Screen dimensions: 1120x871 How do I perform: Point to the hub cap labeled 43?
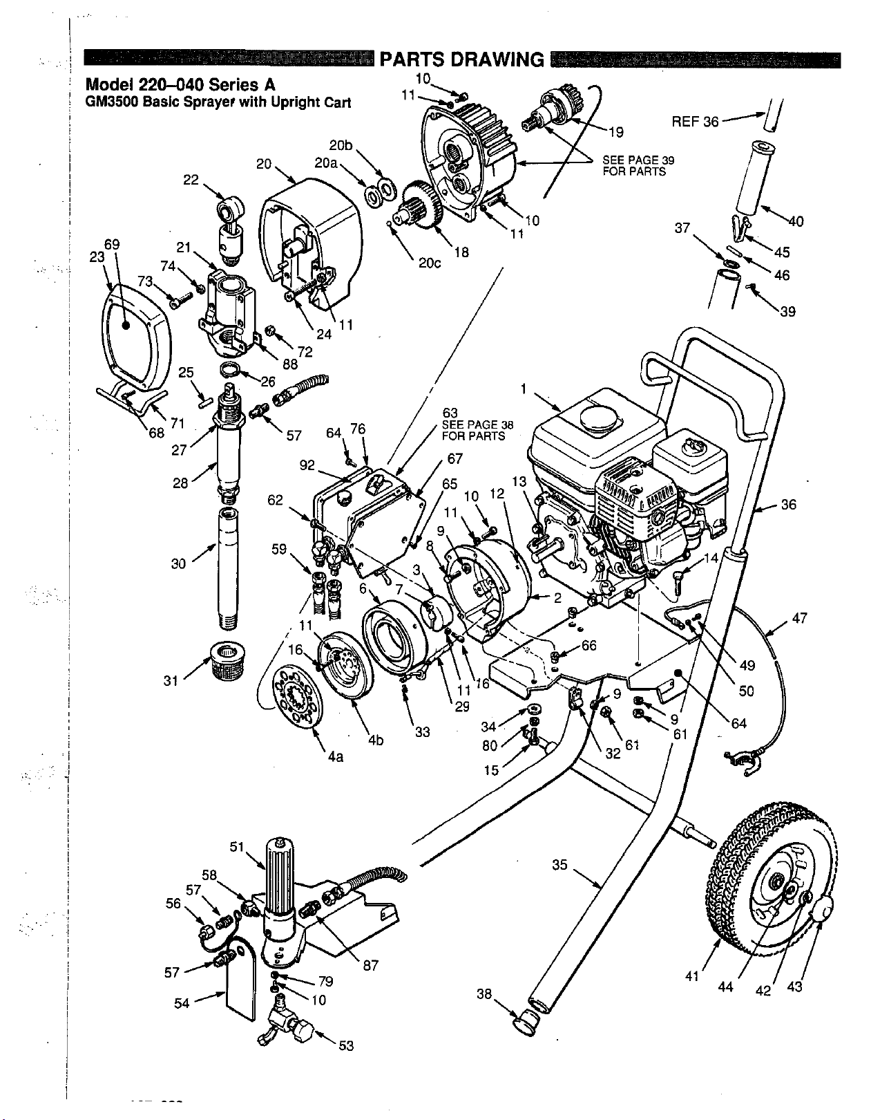822,910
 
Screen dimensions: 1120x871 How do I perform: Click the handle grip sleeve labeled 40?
752,178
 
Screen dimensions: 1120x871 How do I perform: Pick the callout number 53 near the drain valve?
346,1046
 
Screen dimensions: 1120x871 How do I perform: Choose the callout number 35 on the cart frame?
560,864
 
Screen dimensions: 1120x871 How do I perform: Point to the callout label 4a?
336,756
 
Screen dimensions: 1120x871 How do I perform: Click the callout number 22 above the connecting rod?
191,180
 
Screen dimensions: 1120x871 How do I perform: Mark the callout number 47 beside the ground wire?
800,617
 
